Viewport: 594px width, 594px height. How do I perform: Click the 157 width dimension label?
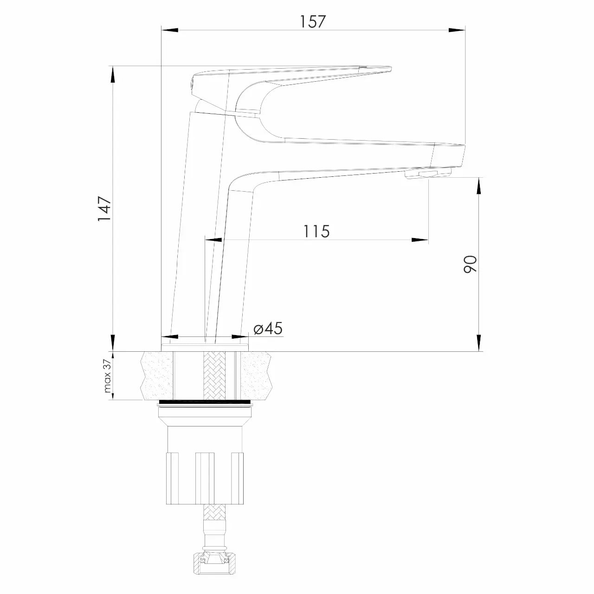(x=313, y=21)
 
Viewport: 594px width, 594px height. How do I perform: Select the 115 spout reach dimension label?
(x=316, y=231)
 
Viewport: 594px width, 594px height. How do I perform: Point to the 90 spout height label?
(x=470, y=264)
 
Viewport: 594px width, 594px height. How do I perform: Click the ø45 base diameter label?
(x=268, y=328)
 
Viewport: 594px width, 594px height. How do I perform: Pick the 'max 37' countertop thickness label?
(x=107, y=377)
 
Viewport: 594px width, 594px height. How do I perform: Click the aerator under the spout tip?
(x=428, y=173)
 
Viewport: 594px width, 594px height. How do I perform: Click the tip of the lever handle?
(x=391, y=68)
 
